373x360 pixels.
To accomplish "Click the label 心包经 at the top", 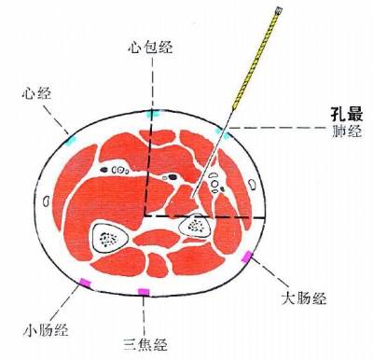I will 151,47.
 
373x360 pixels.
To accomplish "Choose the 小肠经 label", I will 46,329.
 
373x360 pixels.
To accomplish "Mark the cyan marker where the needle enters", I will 221,132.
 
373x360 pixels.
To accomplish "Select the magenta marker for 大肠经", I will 246,256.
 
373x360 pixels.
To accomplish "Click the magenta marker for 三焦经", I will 144,292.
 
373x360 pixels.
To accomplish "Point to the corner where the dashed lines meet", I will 144,216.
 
